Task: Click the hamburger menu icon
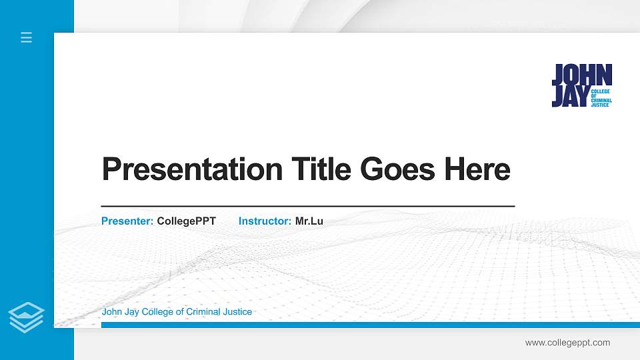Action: tap(26, 37)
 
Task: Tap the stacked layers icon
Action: tap(27, 317)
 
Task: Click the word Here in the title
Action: tap(477, 169)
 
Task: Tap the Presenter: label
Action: tap(127, 221)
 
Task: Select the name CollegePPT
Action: tap(186, 221)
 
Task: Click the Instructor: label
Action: tap(265, 221)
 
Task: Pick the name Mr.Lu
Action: tap(309, 221)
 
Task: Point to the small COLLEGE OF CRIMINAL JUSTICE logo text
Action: tap(601, 97)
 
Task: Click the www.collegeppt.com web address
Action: tap(567, 343)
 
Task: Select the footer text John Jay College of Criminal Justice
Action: tap(177, 312)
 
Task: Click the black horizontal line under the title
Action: tap(307, 207)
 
